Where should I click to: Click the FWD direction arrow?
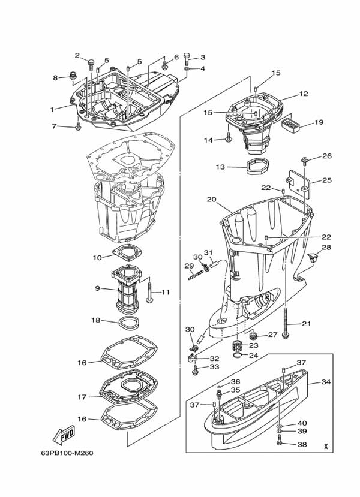(62, 433)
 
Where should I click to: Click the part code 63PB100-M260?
(68, 453)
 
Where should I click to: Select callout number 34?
(326, 382)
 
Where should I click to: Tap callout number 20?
(211, 199)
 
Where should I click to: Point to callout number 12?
(303, 94)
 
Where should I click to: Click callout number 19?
(319, 122)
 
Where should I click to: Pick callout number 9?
(97, 288)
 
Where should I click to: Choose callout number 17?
(82, 397)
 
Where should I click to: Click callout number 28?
(326, 247)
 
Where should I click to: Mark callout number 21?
(307, 324)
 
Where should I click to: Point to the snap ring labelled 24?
(238, 356)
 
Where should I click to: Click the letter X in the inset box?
(325, 446)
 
